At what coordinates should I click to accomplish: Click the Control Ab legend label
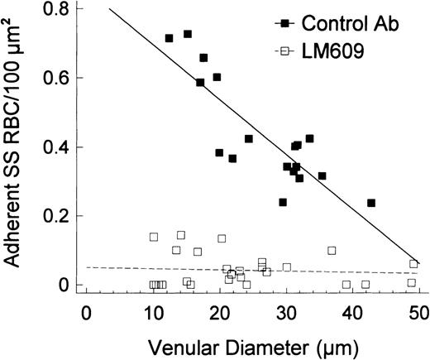[x=358, y=24]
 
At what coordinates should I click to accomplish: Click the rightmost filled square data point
[x=371, y=203]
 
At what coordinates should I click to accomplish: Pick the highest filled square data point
[x=188, y=34]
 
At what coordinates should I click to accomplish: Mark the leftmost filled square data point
[x=169, y=38]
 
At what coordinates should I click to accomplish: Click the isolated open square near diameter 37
[x=332, y=250]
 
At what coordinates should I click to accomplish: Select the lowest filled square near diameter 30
[x=283, y=202]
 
